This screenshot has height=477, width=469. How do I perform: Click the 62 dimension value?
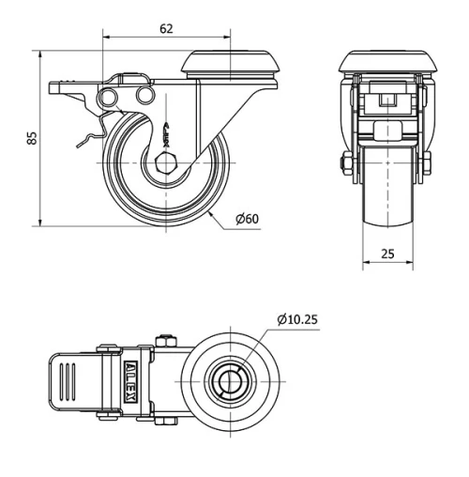[166, 29]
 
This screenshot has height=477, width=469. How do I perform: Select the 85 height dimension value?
[32, 137]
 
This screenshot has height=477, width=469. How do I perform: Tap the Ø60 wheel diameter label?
[248, 219]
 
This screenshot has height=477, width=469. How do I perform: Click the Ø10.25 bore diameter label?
[297, 319]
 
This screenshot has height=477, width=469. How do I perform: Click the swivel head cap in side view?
[231, 65]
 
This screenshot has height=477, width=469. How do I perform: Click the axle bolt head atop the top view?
[166, 339]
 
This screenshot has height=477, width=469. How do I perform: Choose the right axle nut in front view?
[425, 167]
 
